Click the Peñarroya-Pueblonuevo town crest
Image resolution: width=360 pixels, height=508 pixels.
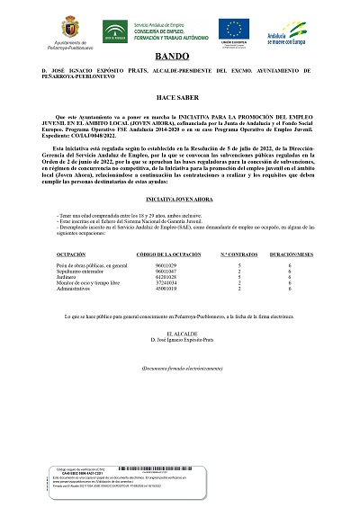point(69,25)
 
